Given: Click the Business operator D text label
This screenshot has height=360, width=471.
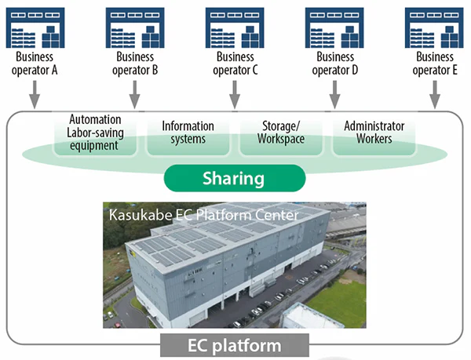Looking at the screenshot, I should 334,64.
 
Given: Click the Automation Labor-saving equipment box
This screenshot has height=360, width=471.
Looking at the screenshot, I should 94,133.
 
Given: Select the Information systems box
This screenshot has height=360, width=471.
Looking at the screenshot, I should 188,133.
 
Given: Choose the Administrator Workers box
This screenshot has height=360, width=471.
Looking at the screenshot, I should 374,133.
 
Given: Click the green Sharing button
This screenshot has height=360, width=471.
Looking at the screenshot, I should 235,178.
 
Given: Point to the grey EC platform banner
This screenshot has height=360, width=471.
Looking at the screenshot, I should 235,346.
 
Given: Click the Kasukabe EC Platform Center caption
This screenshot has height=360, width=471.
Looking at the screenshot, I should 197,214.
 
